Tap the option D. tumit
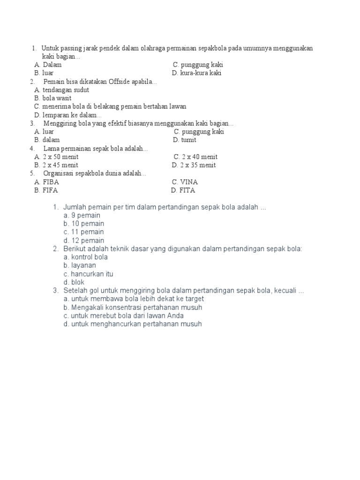point(185,140)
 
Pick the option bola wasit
point(54,98)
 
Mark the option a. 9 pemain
point(82,215)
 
